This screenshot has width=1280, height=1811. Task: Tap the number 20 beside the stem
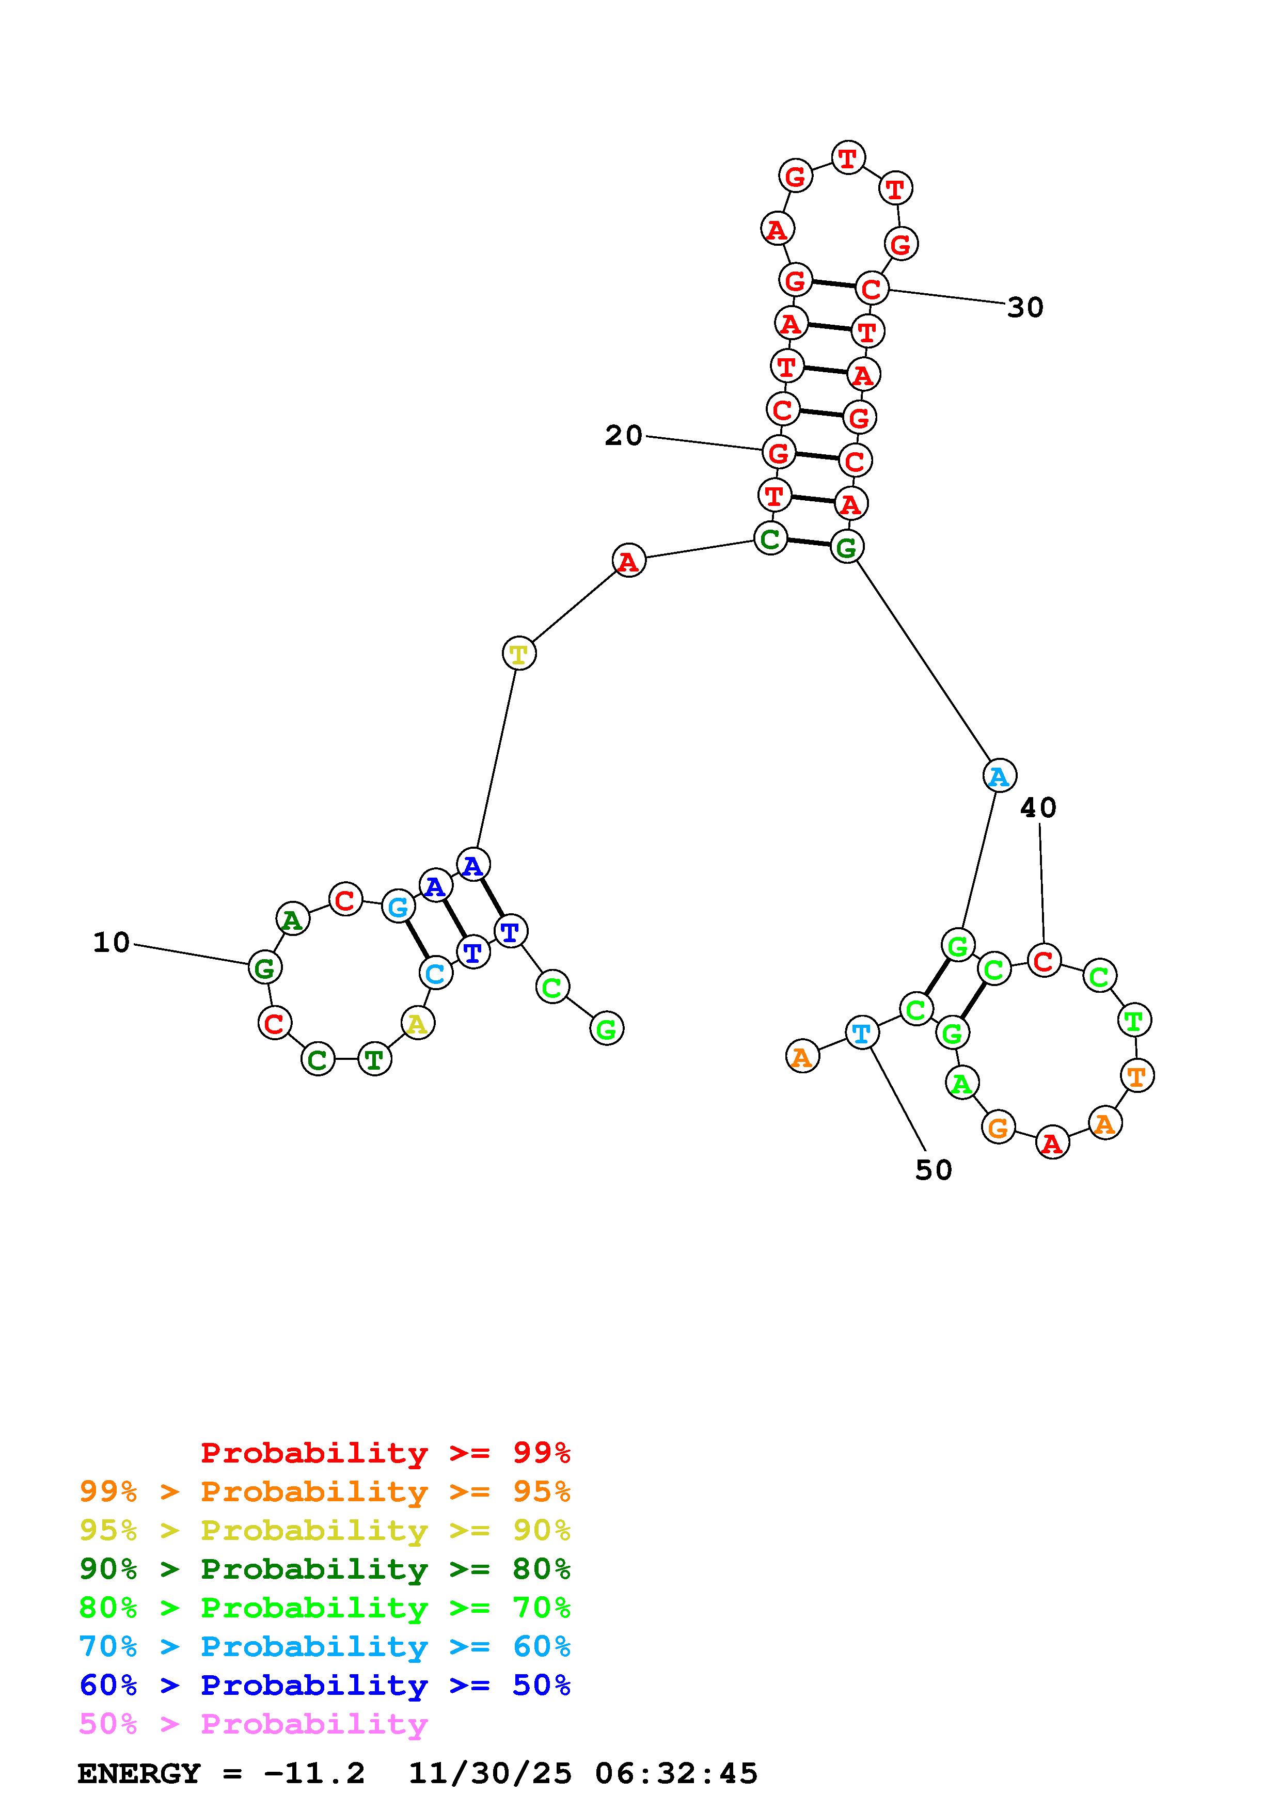623,435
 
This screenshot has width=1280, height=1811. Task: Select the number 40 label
1037,808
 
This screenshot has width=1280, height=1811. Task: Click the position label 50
933,1170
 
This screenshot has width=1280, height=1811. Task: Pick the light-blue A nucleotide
999,776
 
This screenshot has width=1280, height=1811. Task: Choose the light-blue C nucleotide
435,973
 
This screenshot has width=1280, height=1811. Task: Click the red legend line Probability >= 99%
386,1452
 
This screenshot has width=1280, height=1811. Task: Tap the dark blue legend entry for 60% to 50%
325,1685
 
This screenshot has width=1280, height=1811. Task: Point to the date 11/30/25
489,1773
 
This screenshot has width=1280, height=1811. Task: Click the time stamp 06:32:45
676,1773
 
